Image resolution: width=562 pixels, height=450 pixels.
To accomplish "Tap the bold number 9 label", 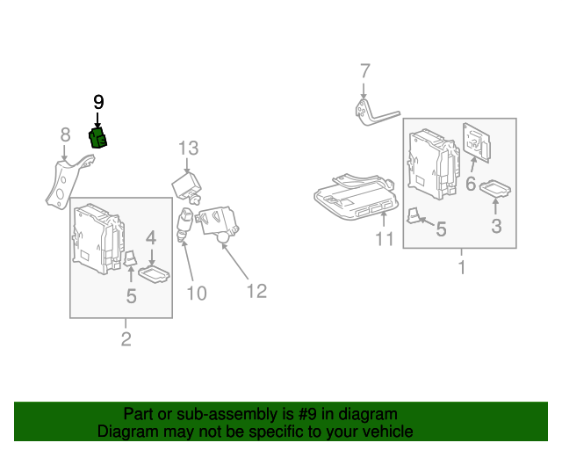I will point(98,103).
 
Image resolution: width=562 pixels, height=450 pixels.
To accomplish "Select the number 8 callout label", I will point(65,134).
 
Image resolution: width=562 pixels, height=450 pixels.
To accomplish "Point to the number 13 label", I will point(190,149).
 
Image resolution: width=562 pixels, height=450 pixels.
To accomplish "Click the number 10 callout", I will point(197,293).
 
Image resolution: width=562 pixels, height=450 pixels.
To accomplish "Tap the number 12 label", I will point(256,290).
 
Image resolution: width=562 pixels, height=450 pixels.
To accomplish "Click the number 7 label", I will point(365,71).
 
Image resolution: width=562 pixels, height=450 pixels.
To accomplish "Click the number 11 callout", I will point(385,239).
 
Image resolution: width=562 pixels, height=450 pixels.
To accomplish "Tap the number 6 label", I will point(470,185).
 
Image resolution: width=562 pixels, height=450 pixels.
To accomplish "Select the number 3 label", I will point(496,227).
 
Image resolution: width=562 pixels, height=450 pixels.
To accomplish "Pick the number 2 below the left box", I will point(126,339).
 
